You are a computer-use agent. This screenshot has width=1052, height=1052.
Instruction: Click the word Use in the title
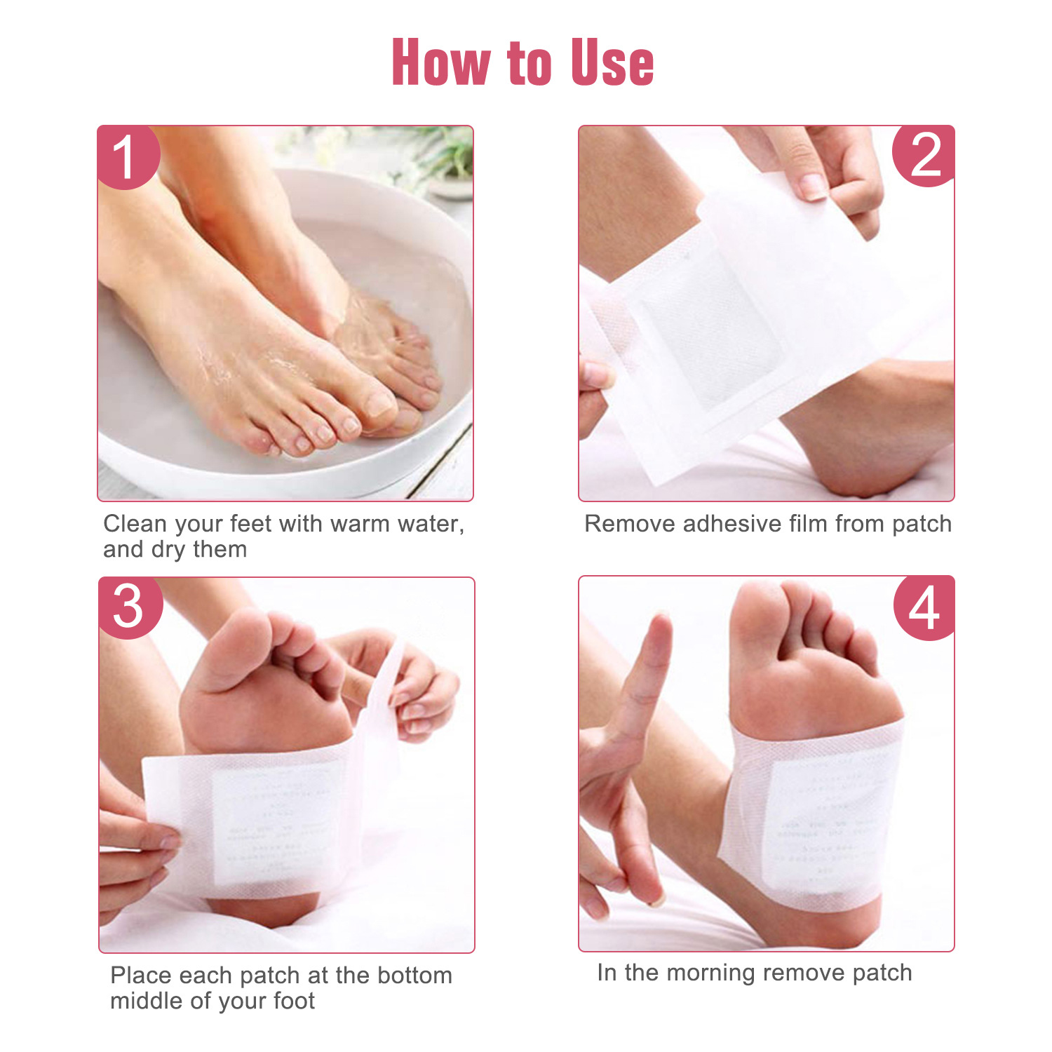[612, 63]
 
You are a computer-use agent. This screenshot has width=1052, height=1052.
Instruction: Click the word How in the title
[440, 63]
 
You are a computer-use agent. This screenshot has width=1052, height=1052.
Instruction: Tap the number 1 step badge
[126, 157]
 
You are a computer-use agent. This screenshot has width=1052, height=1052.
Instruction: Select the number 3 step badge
[129, 607]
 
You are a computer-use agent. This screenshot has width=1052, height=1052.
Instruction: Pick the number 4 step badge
[924, 607]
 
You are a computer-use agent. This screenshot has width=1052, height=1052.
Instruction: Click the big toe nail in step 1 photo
[381, 404]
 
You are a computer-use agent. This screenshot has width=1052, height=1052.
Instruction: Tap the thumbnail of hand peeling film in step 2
[812, 186]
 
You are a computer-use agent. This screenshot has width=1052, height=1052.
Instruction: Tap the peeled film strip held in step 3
[382, 701]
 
